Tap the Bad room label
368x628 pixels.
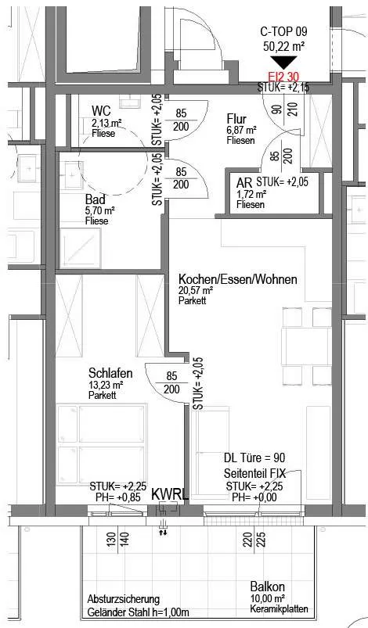96,199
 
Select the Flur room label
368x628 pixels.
236,119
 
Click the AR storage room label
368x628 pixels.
244,184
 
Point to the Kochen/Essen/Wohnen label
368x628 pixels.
238,278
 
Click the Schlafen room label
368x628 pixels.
110,373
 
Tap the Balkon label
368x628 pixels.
267,587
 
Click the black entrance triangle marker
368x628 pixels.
283,62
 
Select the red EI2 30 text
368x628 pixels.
283,77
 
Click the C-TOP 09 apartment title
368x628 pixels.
283,31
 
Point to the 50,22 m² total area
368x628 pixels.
283,46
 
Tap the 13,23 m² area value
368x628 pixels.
106,385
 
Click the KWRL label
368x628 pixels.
170,495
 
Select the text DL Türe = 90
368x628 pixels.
254,458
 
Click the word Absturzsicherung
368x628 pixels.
124,600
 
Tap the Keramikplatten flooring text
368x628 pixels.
279,609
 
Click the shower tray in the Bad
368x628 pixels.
80,249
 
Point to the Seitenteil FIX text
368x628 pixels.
254,473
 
